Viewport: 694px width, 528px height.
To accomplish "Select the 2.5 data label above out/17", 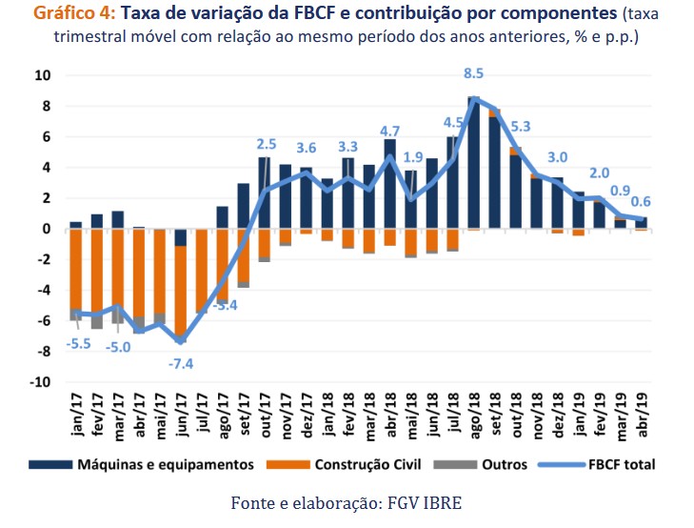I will [267, 144].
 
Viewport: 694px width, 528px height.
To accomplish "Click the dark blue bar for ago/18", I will [474, 162].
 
